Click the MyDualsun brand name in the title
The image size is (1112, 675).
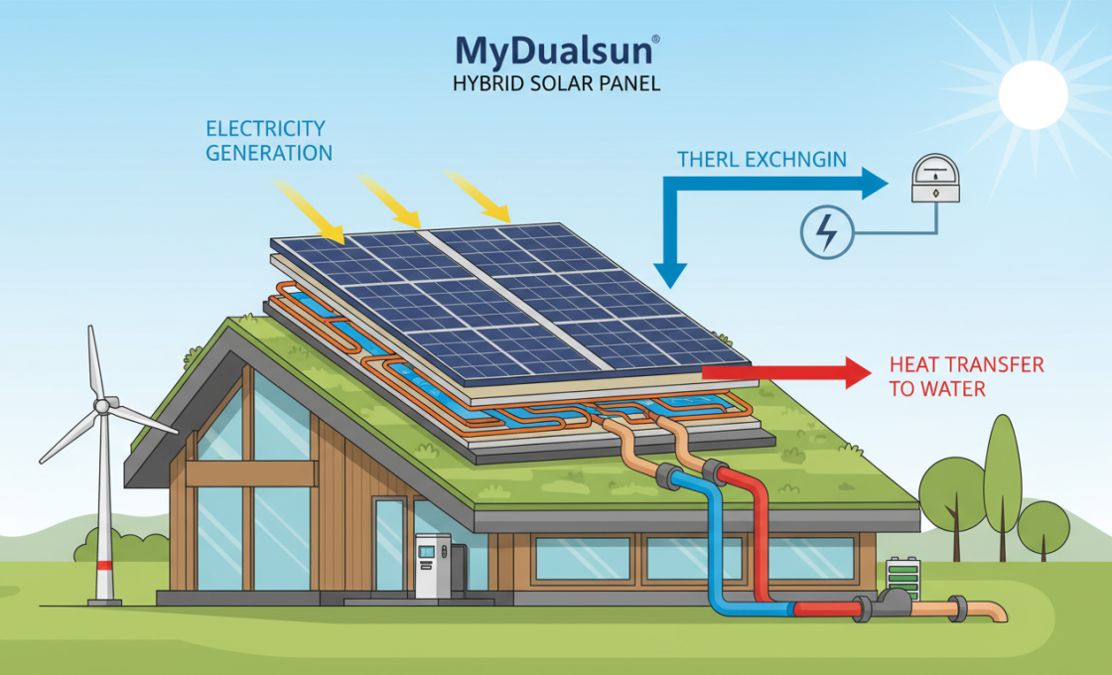[x=554, y=50]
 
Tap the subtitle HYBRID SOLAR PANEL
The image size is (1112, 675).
[x=555, y=83]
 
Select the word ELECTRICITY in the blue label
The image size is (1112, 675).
[x=265, y=129]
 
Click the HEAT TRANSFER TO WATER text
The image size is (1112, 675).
[x=965, y=376]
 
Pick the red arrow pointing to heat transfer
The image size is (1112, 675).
[x=784, y=372]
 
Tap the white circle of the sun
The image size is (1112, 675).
[x=1033, y=94]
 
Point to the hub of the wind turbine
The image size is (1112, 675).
[x=101, y=405]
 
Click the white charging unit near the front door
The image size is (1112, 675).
[x=432, y=566]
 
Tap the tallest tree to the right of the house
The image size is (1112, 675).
[x=1003, y=467]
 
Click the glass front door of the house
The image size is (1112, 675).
[x=389, y=546]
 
